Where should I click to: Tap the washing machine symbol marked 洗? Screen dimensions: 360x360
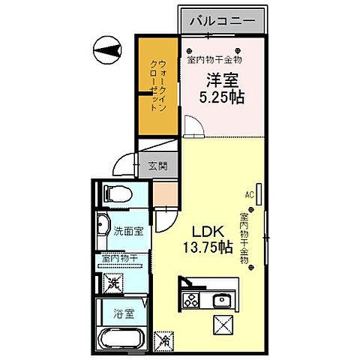(x=112, y=283)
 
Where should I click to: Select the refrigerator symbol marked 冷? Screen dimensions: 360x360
(x=164, y=338)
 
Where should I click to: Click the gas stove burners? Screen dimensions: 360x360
(x=190, y=302)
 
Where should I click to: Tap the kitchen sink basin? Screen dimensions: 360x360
(x=222, y=302)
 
